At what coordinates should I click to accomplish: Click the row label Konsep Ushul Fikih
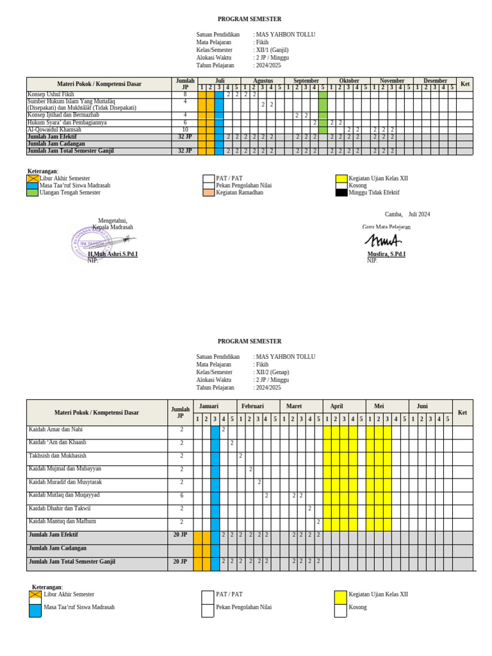tap(51, 94)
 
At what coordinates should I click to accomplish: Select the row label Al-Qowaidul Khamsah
tap(54, 129)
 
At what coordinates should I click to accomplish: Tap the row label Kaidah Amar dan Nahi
tap(56, 429)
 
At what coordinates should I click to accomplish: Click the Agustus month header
tap(263, 81)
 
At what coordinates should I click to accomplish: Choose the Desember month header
tap(435, 81)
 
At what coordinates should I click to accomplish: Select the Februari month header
tap(252, 406)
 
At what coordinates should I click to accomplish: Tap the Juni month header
tap(422, 406)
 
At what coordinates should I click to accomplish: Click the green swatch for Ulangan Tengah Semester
tap(33, 192)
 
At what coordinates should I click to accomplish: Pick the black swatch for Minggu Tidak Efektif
tap(341, 192)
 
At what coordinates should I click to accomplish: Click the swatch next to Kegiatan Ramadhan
tap(208, 192)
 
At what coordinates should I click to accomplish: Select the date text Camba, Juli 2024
tap(407, 215)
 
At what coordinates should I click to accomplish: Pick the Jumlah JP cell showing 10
tap(185, 129)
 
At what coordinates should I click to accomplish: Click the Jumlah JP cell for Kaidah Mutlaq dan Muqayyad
tap(181, 495)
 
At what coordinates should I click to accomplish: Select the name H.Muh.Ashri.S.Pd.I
tap(113, 254)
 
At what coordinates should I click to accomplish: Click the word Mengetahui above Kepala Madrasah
tap(113, 220)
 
